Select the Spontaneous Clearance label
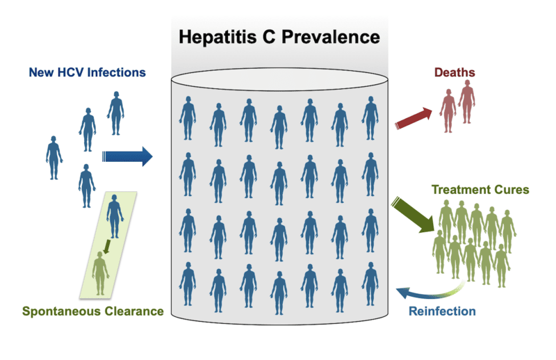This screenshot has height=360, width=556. point(93,311)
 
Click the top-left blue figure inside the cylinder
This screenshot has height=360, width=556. point(187,119)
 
